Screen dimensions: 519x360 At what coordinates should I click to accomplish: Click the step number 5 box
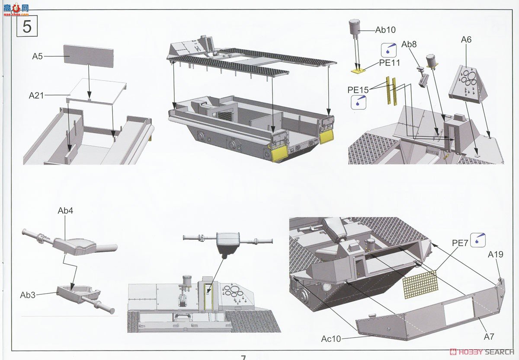click(x=27, y=26)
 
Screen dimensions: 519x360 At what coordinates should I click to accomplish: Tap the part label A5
click(x=37, y=56)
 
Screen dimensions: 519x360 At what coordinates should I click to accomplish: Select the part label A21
click(x=36, y=96)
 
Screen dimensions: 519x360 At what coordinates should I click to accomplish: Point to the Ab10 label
click(x=385, y=30)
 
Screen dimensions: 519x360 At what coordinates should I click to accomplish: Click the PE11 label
click(x=390, y=63)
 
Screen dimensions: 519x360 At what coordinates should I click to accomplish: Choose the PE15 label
click(x=358, y=90)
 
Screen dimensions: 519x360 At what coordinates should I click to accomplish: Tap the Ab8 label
click(x=409, y=44)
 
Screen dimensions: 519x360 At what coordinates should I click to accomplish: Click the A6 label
click(x=466, y=40)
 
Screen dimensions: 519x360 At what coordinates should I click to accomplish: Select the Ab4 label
click(x=65, y=210)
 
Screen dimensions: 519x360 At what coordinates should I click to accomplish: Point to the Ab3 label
click(x=28, y=295)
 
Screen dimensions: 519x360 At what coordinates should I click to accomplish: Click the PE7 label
click(x=460, y=243)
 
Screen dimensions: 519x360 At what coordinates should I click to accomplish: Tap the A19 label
click(x=496, y=255)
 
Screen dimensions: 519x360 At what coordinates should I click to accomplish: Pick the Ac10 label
click(x=331, y=339)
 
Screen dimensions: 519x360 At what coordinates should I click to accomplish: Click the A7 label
click(x=489, y=337)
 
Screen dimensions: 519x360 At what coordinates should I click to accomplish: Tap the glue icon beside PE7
click(x=478, y=240)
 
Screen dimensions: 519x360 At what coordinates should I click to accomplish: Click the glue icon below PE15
click(x=359, y=102)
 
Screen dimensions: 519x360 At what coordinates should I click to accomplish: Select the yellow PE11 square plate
click(x=358, y=70)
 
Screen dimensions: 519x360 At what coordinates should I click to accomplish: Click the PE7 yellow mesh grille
click(x=420, y=285)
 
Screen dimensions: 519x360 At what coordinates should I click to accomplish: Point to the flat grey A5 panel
click(x=89, y=56)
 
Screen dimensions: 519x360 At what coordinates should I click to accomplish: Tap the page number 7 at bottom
click(x=243, y=357)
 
